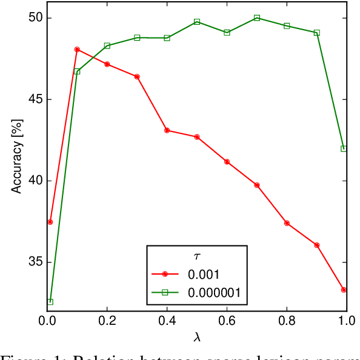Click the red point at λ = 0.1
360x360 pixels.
tap(77, 49)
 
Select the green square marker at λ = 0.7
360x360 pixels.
tap(257, 18)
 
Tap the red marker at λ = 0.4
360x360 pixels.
tap(167, 130)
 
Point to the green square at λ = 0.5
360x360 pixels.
tap(197, 22)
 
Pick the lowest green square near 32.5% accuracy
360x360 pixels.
tap(50, 302)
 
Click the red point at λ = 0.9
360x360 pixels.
tap(317, 245)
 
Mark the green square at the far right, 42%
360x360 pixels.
tap(344, 148)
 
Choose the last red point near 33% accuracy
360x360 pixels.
tap(344, 290)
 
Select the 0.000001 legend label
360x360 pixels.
tap(215, 293)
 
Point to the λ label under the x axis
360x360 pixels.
tap(197, 335)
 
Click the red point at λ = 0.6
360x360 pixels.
tap(227, 162)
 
